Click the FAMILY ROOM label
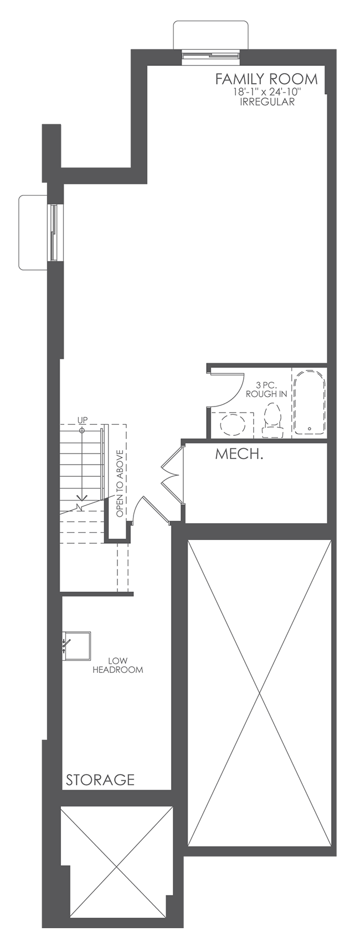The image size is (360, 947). [x=266, y=79]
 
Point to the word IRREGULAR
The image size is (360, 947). [x=266, y=102]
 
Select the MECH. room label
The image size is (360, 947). [x=238, y=455]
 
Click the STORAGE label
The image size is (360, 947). [x=100, y=780]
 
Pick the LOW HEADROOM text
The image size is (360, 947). [x=117, y=665]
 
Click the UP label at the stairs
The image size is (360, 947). [x=83, y=419]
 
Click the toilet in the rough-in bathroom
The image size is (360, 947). [x=272, y=419]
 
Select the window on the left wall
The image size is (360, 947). [x=54, y=232]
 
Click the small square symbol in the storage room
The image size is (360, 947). [x=76, y=644]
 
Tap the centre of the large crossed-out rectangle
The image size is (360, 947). [x=260, y=693]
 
